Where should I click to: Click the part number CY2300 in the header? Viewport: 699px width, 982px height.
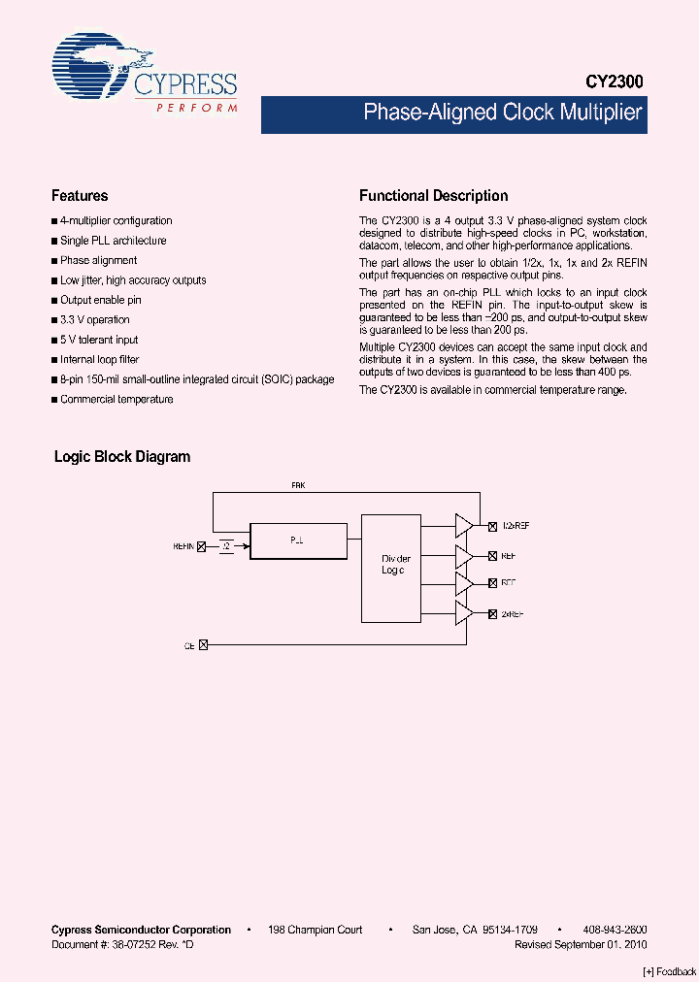614,83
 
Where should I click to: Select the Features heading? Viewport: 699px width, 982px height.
80,196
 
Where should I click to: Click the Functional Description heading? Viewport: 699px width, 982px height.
433,196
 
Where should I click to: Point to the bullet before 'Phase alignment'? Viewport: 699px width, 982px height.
54,261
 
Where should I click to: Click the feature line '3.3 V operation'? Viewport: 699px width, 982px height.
94,320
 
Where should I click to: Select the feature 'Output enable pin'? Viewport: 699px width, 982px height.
100,301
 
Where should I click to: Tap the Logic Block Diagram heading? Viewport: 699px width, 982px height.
122,456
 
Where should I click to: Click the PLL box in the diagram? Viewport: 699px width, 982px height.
298,540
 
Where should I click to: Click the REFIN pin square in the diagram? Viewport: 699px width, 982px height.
202,546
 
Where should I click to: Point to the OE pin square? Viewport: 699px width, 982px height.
203,644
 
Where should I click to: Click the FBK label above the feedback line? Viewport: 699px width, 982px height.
298,483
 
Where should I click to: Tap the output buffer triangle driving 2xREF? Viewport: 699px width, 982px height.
464,614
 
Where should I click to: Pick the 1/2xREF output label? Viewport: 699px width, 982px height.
515,525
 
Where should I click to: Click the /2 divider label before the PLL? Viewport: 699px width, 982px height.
226,546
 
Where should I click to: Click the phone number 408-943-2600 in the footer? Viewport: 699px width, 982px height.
616,930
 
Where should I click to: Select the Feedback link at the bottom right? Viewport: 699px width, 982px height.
670,972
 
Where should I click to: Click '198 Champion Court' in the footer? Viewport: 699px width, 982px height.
315,930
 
